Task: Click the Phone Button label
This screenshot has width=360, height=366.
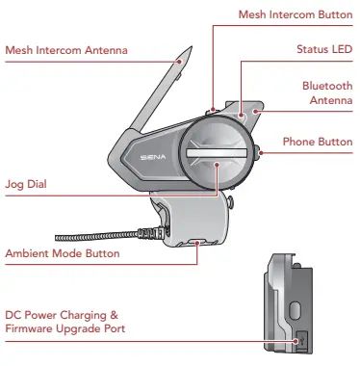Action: coord(318,142)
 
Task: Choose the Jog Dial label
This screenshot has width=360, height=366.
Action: coord(26,181)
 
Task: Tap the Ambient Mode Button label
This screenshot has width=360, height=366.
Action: coord(63,253)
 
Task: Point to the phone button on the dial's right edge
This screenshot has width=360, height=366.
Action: coord(259,149)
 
